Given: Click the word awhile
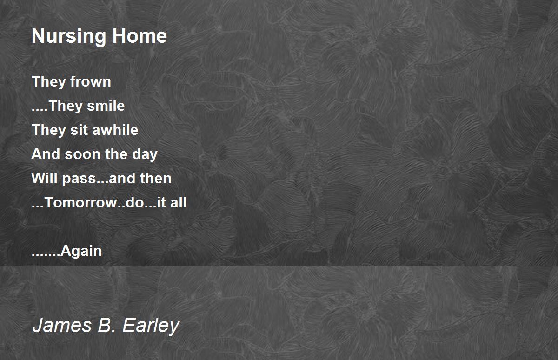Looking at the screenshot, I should click(x=115, y=130).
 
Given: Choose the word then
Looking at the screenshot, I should click(x=156, y=178).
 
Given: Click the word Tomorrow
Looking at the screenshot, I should click(x=75, y=203).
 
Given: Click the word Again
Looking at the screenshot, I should click(x=81, y=252).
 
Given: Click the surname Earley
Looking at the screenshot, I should click(x=151, y=326).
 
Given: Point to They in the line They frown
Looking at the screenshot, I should click(x=45, y=82).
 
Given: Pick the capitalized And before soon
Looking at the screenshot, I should click(x=46, y=154).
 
